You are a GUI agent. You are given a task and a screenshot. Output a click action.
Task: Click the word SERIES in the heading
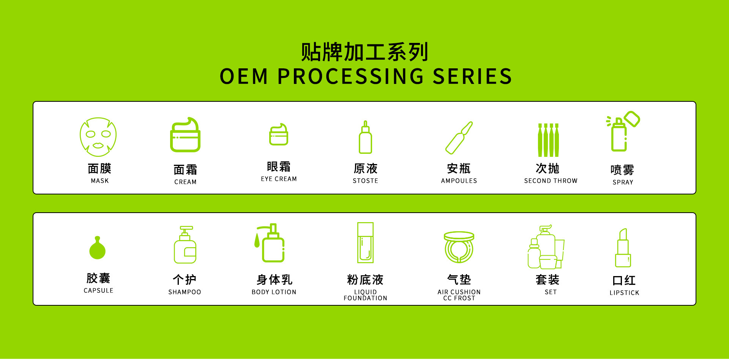(x=472, y=76)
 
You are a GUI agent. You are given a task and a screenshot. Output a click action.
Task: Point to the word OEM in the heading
(x=244, y=76)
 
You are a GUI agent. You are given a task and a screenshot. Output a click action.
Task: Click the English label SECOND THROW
(x=551, y=181)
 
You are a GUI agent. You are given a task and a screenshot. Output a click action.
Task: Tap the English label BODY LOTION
(x=274, y=292)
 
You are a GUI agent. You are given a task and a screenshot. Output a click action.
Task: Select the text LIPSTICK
(x=624, y=293)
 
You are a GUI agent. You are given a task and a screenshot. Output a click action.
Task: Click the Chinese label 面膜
(x=99, y=168)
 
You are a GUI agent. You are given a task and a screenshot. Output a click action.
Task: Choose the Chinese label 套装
(x=548, y=280)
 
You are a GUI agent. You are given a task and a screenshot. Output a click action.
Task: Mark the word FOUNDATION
(x=365, y=298)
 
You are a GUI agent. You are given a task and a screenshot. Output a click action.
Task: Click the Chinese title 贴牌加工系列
(x=364, y=52)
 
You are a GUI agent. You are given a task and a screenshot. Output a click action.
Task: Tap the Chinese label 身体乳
(x=274, y=280)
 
